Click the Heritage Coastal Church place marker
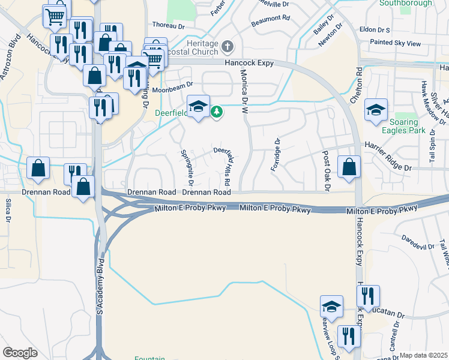click(x=228, y=46)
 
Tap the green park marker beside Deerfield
click(x=217, y=111)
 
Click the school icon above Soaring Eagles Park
click(x=376, y=110)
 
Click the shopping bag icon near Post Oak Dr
click(x=349, y=167)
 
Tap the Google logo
click(x=20, y=353)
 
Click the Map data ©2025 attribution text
click(x=423, y=355)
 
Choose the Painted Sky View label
click(x=395, y=43)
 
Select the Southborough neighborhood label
click(x=405, y=3)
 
